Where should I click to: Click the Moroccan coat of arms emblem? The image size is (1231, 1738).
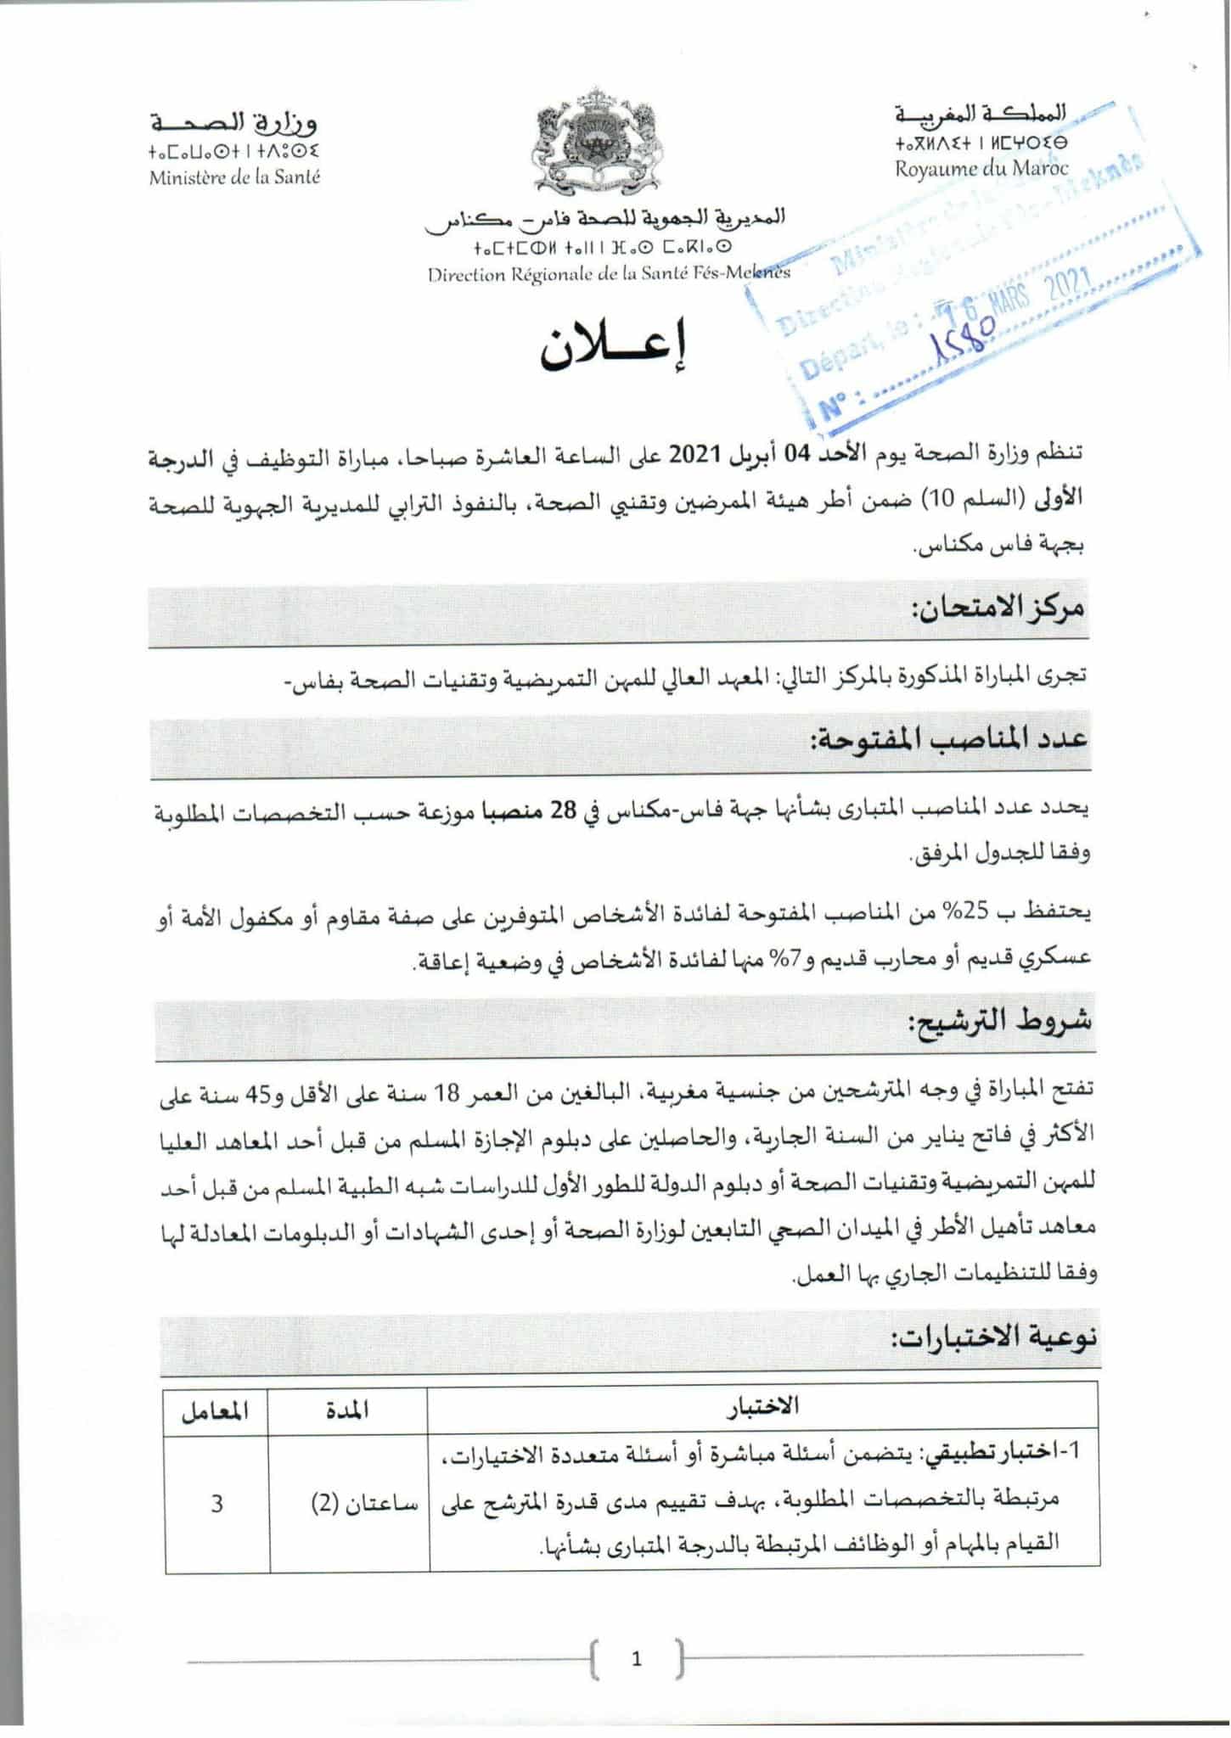(595, 140)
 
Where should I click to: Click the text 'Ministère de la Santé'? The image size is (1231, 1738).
(234, 178)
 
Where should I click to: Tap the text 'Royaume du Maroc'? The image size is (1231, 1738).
(981, 168)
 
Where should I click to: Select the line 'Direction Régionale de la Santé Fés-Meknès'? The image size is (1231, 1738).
(609, 273)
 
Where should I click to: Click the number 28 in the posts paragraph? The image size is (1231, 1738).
(563, 810)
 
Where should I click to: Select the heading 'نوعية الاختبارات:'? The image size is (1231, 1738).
(992, 1338)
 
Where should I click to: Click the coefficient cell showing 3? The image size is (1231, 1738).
(216, 1504)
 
